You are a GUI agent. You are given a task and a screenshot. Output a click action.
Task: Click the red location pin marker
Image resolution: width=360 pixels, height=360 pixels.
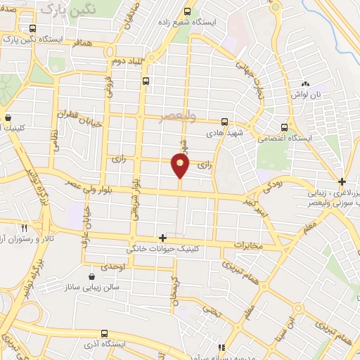coord(181,166)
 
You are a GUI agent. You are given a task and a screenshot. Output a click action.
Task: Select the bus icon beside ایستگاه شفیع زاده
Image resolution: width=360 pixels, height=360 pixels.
coord(186,11)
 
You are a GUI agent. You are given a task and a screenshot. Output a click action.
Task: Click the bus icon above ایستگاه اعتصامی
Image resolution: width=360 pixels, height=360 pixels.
coord(284,127)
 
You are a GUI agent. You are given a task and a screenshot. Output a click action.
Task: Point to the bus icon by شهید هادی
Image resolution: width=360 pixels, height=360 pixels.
coord(225,121)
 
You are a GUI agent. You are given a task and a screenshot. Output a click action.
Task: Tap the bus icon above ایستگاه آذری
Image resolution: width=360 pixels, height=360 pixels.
coord(104,333)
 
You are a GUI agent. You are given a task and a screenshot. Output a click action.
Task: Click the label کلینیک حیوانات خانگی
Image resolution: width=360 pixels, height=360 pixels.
coord(159,249)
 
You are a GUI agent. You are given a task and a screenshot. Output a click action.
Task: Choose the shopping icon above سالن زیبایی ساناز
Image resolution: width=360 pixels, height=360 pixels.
coord(92,276)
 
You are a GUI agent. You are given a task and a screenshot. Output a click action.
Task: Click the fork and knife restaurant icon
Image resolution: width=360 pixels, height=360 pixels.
coord(24,228)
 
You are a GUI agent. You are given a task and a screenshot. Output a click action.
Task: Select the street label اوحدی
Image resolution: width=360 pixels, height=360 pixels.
coord(112,267)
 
